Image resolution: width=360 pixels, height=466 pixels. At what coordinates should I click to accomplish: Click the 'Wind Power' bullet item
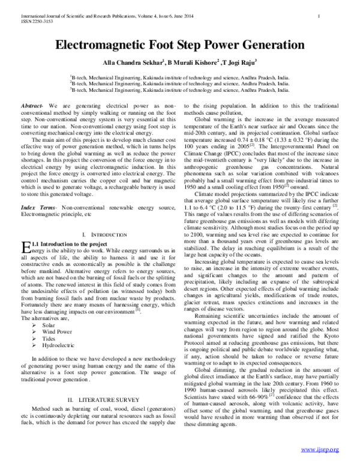(57, 331)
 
